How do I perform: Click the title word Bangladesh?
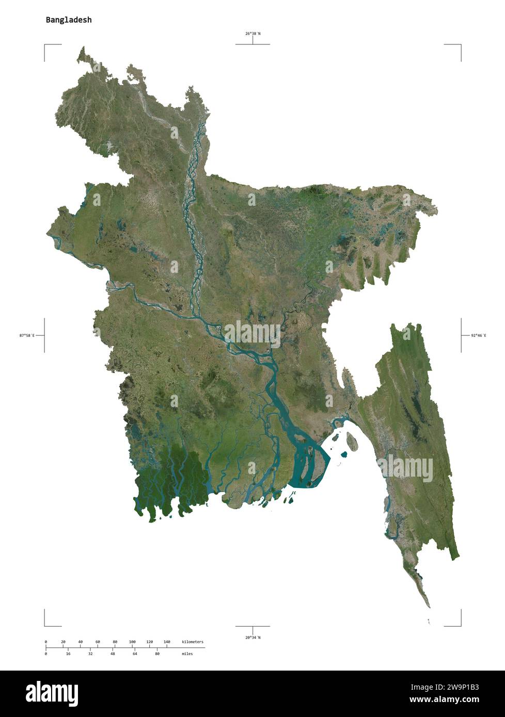pyautogui.click(x=69, y=20)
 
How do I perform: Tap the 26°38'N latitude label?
pyautogui.click(x=253, y=34)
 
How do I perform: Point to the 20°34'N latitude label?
pyautogui.click(x=253, y=638)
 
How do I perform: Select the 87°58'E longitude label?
pyautogui.click(x=27, y=335)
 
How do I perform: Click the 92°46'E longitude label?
pyautogui.click(x=479, y=335)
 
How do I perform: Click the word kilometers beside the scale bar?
pyautogui.click(x=193, y=642)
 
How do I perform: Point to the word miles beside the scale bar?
pyautogui.click(x=187, y=654)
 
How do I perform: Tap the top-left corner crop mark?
pyautogui.click(x=45, y=45)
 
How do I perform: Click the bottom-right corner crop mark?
pyautogui.click(x=460, y=625)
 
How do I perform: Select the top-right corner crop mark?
pyautogui.click(x=460, y=45)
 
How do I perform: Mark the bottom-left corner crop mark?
pyautogui.click(x=45, y=625)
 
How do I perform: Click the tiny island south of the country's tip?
pyautogui.click(x=429, y=622)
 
